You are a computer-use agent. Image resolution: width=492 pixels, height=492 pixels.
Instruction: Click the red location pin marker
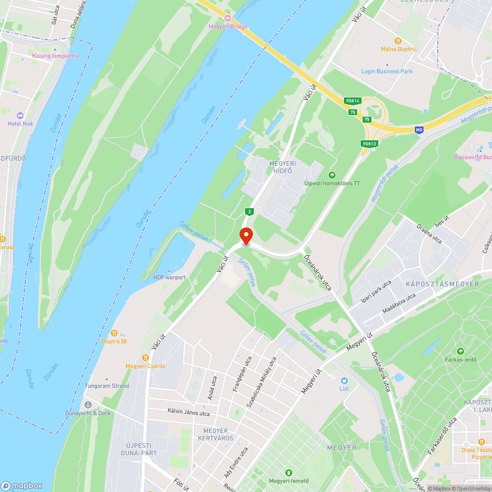pyautogui.click(x=246, y=235)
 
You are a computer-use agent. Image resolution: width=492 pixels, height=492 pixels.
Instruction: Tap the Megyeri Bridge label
pyautogui.click(x=228, y=27)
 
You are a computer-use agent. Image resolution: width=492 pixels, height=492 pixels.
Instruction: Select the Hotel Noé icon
pyautogui.click(x=20, y=115)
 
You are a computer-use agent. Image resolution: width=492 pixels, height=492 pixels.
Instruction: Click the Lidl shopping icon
pyautogui.click(x=344, y=380)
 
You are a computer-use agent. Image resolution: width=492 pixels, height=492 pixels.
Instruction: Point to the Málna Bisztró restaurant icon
pyautogui.click(x=398, y=41)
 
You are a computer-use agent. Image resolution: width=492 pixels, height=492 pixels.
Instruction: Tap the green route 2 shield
pyautogui.click(x=250, y=212)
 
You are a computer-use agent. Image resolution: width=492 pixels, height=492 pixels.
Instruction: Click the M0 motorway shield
pyautogui.click(x=419, y=130)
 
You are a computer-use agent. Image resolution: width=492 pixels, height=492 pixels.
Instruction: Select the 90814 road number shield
pyautogui.click(x=353, y=101)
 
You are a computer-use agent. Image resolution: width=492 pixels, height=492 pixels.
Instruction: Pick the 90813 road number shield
pyautogui.click(x=369, y=143)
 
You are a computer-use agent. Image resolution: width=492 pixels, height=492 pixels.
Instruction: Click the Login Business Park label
pyautogui.click(x=387, y=71)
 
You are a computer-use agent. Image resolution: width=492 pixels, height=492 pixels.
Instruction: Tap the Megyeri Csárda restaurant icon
pyautogui.click(x=145, y=357)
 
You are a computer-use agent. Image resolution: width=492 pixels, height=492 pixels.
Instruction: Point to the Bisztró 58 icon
pyautogui.click(x=114, y=333)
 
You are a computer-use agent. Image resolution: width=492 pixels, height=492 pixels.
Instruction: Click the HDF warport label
pyautogui.click(x=169, y=277)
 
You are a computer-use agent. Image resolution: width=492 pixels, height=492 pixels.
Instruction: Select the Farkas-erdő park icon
pyautogui.click(x=460, y=351)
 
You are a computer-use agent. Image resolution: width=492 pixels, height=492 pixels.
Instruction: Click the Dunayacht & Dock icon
pyautogui.click(x=88, y=404)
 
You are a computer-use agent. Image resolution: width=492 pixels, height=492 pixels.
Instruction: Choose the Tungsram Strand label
pyautogui.click(x=107, y=386)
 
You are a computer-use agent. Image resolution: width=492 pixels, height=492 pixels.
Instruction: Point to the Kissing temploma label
pyautogui.click(x=55, y=56)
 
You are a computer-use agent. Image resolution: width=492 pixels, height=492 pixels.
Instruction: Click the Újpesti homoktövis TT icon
pyautogui.click(x=332, y=175)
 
